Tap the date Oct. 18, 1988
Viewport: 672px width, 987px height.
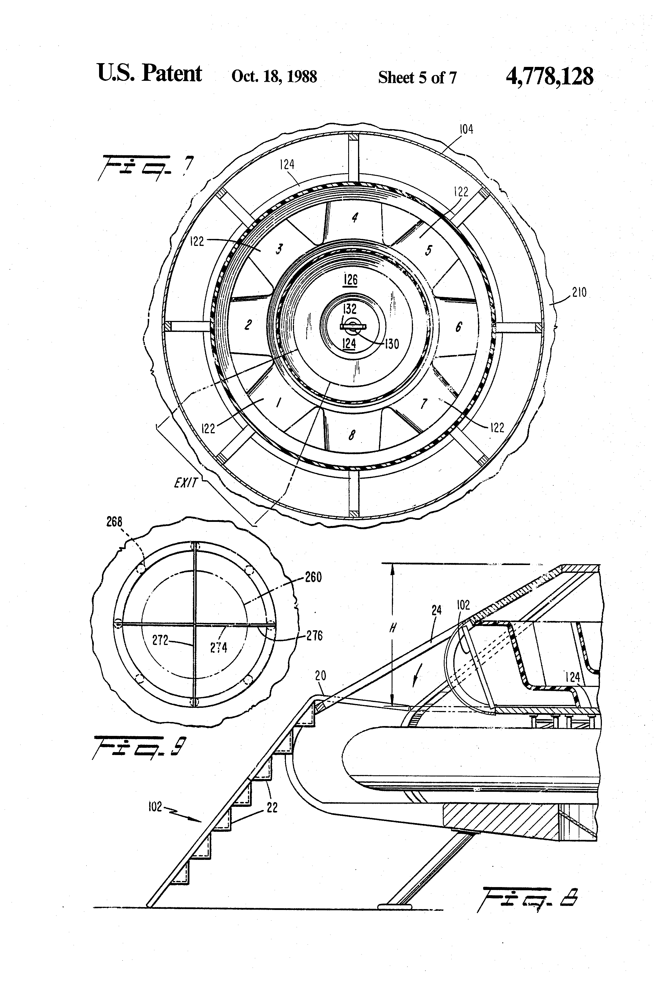tap(274, 76)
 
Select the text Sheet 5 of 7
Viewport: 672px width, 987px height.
tap(417, 77)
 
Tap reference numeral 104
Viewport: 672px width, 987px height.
tap(466, 129)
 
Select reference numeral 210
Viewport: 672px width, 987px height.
tap(579, 292)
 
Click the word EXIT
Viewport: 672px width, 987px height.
tap(186, 482)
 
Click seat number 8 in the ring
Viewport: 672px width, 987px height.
tap(352, 435)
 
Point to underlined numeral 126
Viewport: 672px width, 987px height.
tap(350, 279)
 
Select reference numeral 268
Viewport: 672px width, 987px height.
tap(114, 522)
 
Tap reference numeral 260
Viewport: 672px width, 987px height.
tap(313, 577)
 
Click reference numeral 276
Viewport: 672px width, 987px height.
tap(314, 635)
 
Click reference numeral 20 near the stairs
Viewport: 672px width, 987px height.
tap(320, 675)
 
